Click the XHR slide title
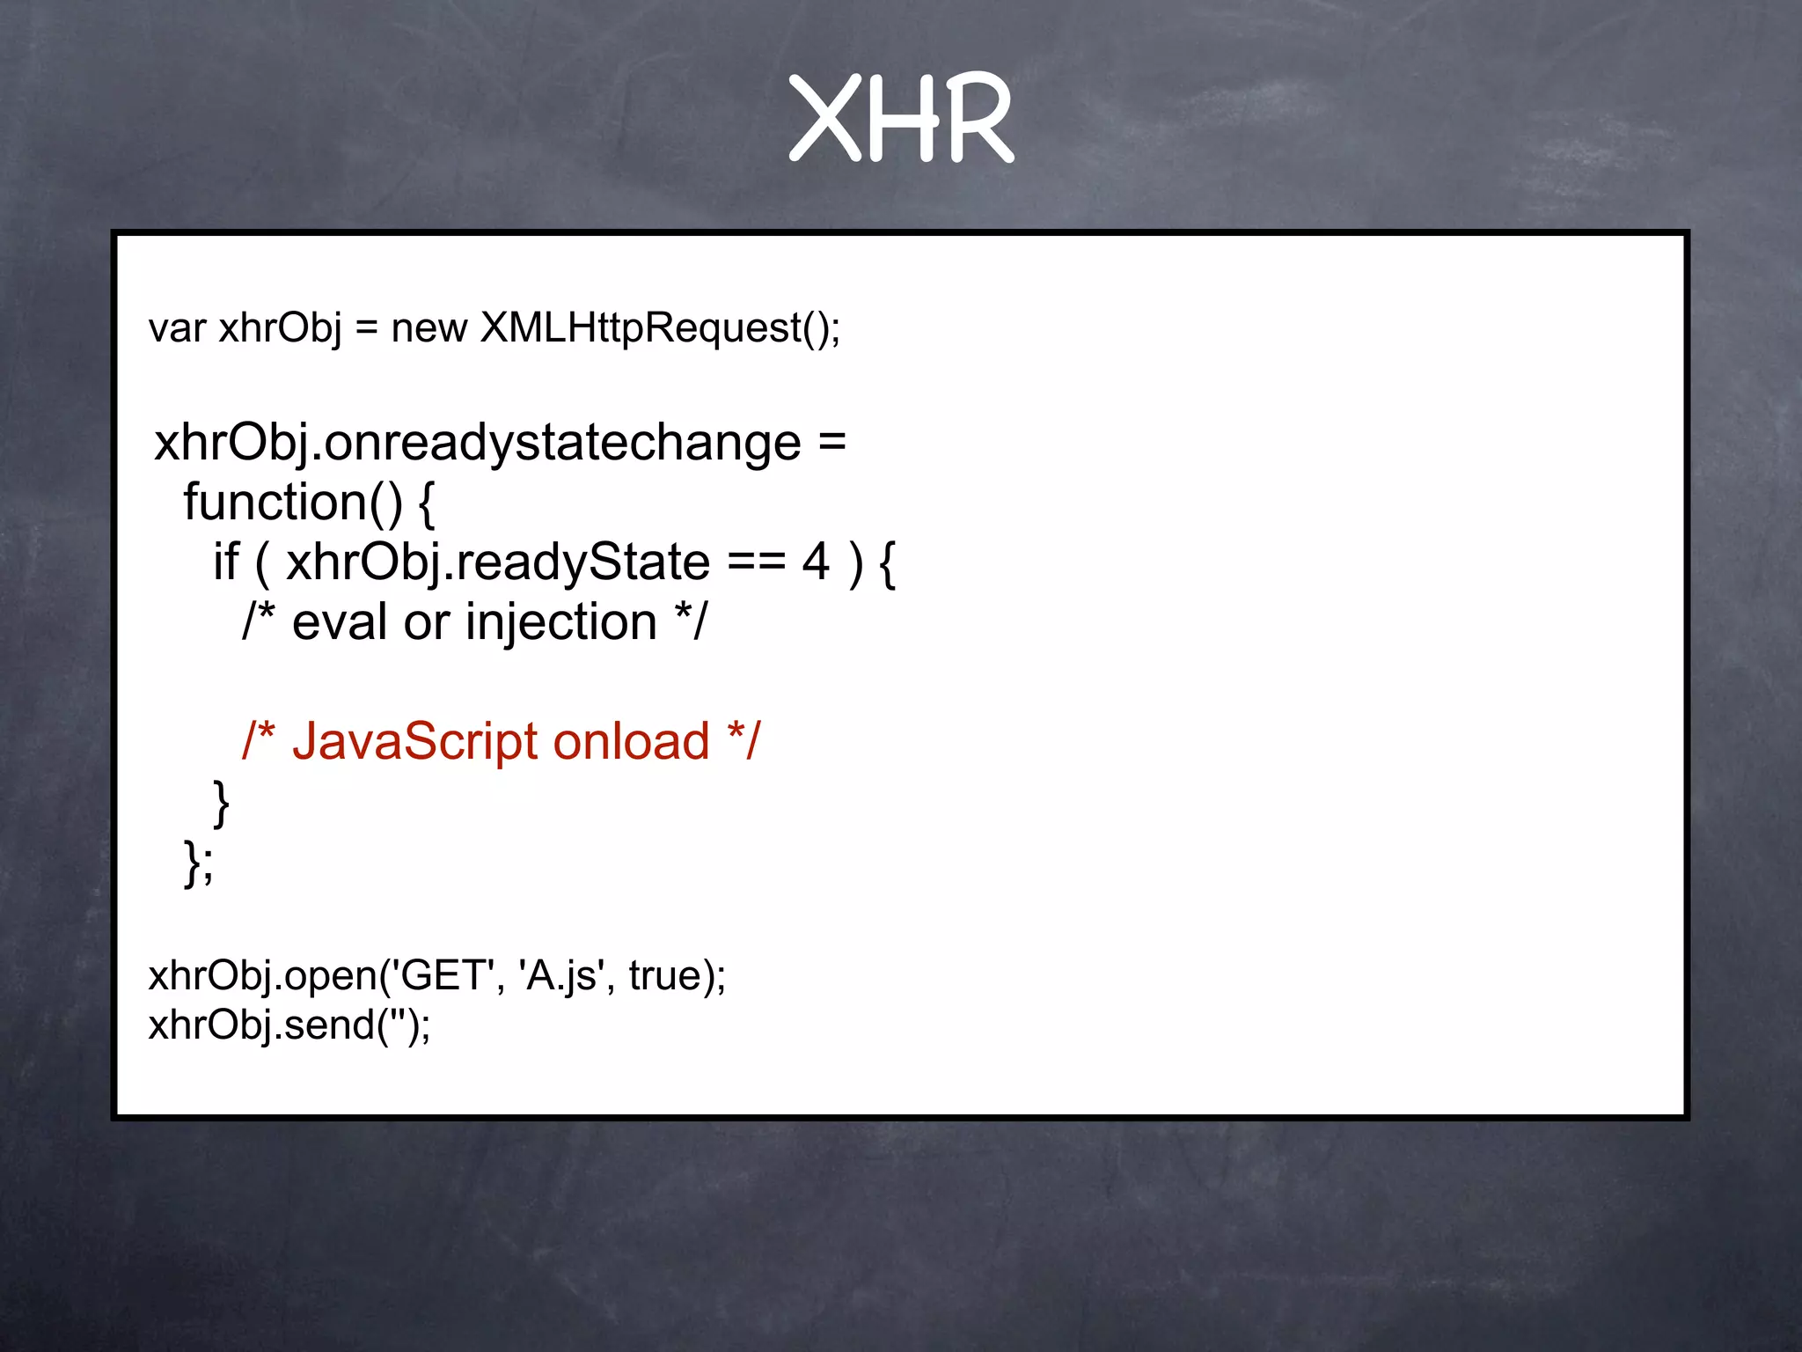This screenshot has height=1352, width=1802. (901, 118)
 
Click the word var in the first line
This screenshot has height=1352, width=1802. (177, 328)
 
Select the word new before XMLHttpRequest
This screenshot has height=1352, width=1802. (429, 328)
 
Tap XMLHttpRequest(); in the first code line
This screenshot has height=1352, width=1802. (660, 328)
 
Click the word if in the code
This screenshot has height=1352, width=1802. (226, 562)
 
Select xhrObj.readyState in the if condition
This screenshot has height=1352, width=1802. (497, 562)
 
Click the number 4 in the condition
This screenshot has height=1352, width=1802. (816, 562)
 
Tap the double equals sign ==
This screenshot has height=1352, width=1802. (756, 562)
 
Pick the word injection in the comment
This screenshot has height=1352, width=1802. (561, 623)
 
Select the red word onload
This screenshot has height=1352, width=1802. (631, 742)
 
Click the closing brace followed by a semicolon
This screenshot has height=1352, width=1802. (198, 863)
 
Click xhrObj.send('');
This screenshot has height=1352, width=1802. (289, 1025)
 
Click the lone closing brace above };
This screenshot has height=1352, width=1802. (222, 803)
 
